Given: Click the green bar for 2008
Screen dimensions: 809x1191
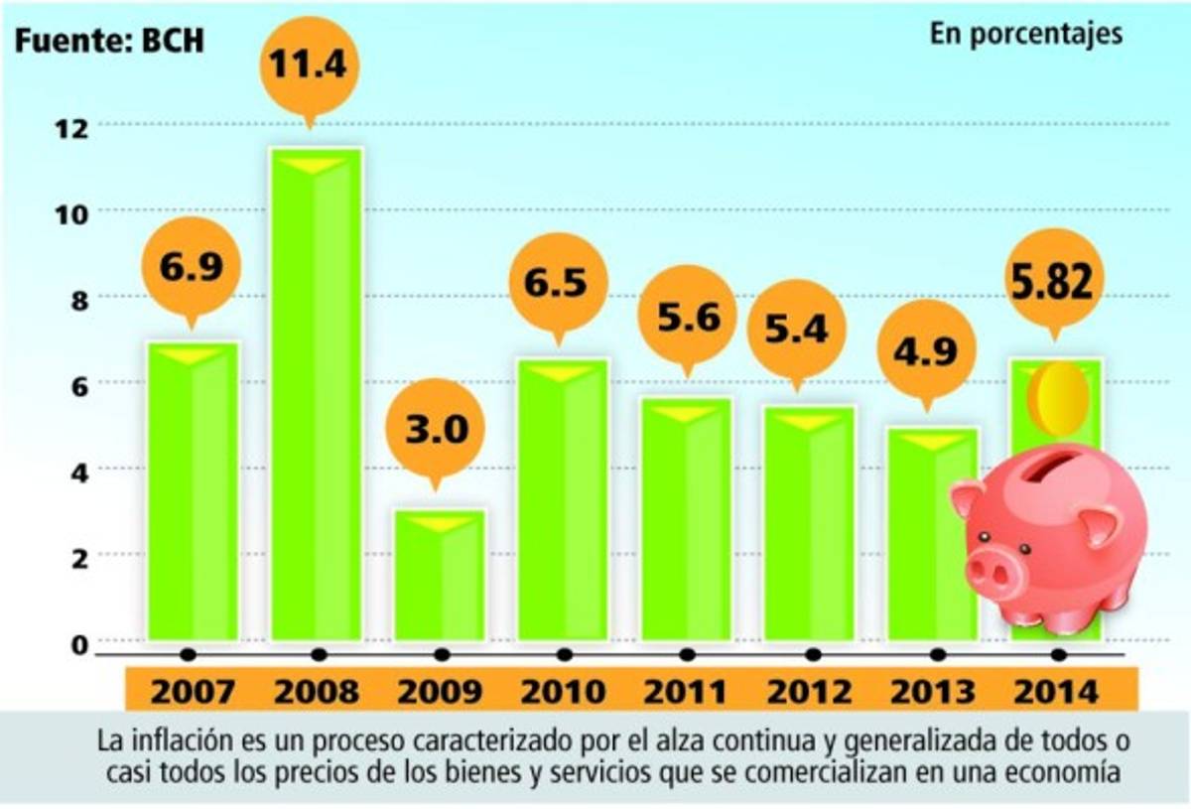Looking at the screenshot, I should point(317,397).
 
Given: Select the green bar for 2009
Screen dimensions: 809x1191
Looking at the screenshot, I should point(440,576).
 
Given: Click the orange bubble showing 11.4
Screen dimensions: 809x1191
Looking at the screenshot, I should point(310,67).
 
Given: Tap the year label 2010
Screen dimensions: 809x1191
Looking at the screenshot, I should point(563,691).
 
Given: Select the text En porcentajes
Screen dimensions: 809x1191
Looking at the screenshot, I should point(1026,33).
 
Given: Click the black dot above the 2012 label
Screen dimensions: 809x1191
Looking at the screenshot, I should point(813,654).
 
